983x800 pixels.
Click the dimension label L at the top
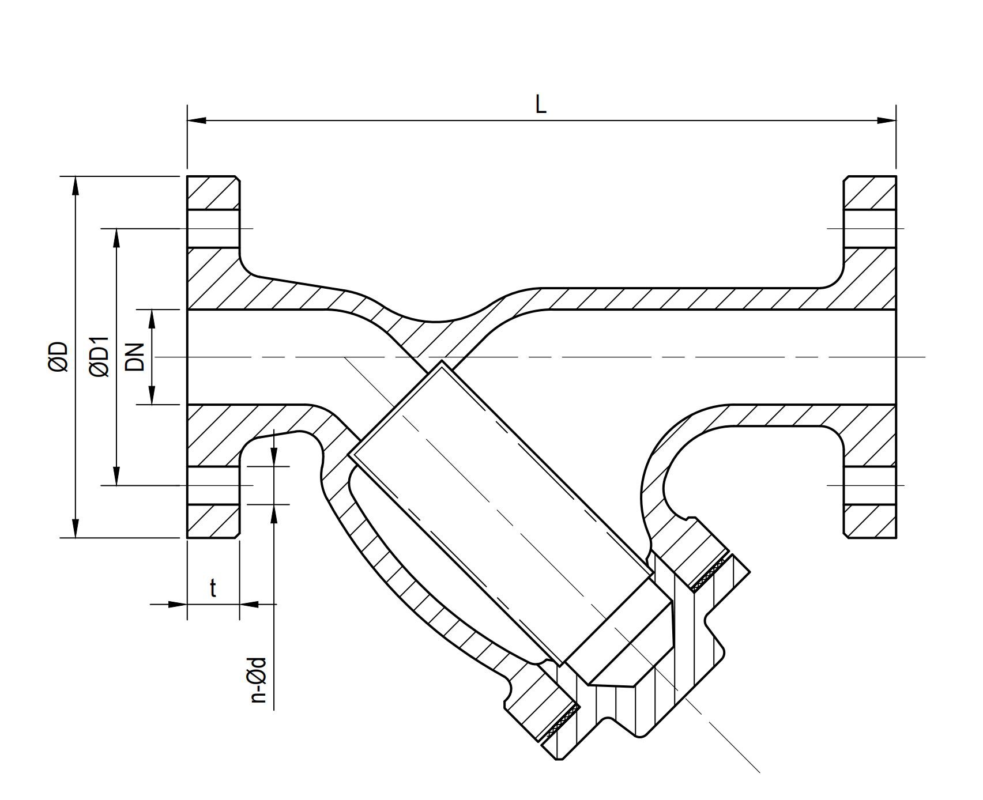click(540, 105)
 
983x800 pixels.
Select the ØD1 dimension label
click(99, 357)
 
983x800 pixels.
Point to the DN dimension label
click(134, 357)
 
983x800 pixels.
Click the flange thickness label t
click(213, 589)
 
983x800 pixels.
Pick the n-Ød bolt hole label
click(259, 680)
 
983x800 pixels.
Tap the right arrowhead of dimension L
click(887, 120)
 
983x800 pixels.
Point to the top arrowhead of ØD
click(75, 186)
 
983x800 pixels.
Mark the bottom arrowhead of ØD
click(75, 528)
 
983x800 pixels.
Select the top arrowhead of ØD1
click(116, 238)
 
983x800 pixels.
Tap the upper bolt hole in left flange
click(213, 229)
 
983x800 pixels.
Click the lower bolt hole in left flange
click(213, 485)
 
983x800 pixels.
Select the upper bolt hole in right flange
click(870, 229)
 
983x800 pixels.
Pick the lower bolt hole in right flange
click(870, 485)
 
